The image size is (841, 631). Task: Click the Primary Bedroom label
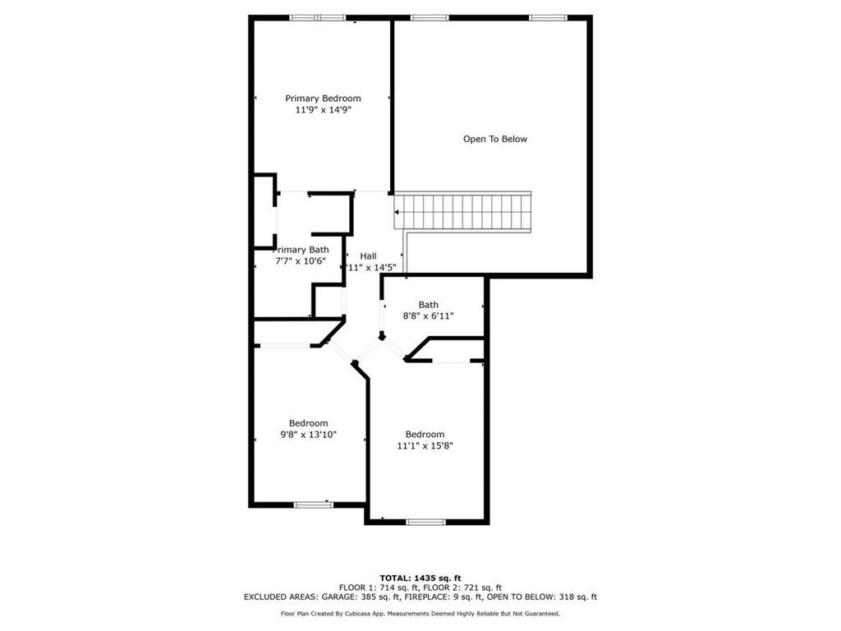click(323, 99)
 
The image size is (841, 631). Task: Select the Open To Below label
click(495, 139)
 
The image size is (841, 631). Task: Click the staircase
click(463, 213)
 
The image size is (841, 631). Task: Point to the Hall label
click(368, 256)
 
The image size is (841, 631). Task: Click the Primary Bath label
click(301, 250)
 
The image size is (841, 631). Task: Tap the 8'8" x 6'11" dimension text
click(428, 315)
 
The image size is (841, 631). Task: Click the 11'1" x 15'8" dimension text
click(425, 445)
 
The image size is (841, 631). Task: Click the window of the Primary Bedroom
click(317, 17)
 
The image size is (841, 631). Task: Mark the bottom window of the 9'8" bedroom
click(314, 504)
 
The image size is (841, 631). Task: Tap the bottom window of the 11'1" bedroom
click(425, 522)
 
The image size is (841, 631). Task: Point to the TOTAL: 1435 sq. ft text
click(420, 578)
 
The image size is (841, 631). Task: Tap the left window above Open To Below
click(429, 17)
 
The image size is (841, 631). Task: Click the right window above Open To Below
click(547, 17)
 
